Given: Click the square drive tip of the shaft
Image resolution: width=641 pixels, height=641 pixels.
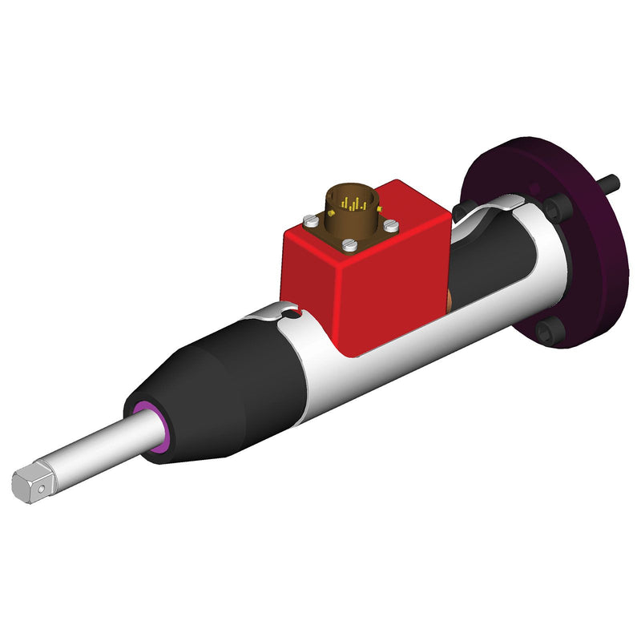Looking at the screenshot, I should pyautogui.click(x=30, y=483).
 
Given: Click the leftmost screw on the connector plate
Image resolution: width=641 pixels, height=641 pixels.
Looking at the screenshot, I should pyautogui.click(x=308, y=218).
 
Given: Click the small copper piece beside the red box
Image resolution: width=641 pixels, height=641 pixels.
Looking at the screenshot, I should pyautogui.click(x=451, y=302).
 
